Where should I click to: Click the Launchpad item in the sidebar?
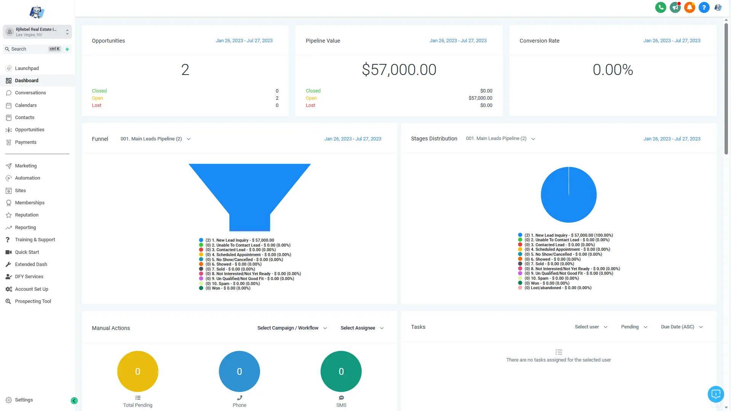click(27, 68)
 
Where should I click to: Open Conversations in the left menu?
click(30, 93)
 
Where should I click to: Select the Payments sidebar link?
click(26, 142)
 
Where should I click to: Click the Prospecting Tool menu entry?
click(33, 301)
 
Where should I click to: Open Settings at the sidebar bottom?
click(24, 400)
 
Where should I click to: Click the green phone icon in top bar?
click(661, 7)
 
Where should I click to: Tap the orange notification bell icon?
click(690, 7)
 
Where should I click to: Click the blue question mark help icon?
click(704, 7)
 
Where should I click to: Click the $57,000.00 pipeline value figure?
click(399, 70)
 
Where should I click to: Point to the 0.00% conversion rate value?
click(613, 70)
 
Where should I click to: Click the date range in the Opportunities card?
click(244, 41)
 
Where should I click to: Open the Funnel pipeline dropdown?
click(155, 139)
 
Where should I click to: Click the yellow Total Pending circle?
click(137, 371)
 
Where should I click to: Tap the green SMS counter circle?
click(341, 371)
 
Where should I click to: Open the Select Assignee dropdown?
click(362, 328)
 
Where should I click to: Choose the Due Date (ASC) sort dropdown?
click(682, 327)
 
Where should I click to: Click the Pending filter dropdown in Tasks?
click(634, 327)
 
